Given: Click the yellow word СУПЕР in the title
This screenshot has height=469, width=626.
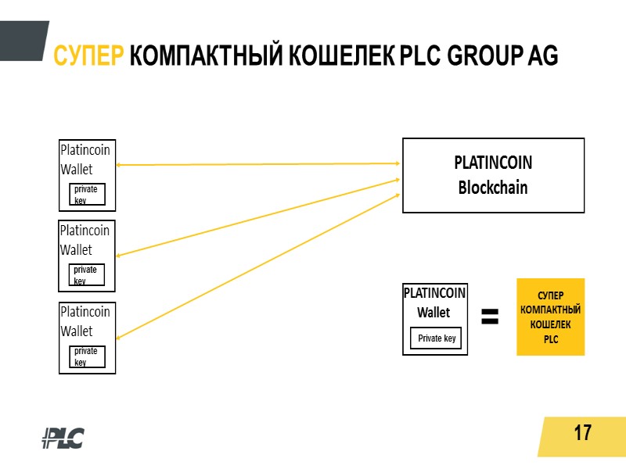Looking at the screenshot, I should click(x=88, y=56).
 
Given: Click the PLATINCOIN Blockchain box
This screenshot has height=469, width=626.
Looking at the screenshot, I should click(x=493, y=175).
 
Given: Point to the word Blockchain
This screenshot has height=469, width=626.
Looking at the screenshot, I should click(x=493, y=188).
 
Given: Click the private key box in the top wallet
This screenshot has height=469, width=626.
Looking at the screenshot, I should click(x=87, y=194).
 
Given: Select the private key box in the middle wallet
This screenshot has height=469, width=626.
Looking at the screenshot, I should click(x=87, y=275).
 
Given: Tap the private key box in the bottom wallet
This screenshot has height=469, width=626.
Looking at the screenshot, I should click(x=87, y=356).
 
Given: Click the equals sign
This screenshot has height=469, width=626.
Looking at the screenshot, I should click(x=490, y=317).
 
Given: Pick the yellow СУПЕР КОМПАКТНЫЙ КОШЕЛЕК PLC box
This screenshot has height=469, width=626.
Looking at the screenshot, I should click(x=550, y=317).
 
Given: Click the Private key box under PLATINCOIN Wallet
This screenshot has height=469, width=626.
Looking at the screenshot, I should click(x=437, y=338).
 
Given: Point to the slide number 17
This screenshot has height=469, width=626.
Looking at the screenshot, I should click(x=582, y=432).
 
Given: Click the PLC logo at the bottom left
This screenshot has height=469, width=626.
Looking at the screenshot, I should click(x=63, y=438).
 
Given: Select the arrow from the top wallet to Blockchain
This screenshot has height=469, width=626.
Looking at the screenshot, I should click(x=258, y=164).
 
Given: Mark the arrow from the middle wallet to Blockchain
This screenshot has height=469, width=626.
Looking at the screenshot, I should click(x=258, y=217).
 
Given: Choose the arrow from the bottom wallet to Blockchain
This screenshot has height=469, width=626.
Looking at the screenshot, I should click(x=258, y=266).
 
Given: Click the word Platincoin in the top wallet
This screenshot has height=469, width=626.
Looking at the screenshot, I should click(x=85, y=150).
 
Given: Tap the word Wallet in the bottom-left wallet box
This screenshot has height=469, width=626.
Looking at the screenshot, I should click(x=77, y=331).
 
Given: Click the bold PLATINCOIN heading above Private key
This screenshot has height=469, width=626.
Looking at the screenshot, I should click(x=435, y=293).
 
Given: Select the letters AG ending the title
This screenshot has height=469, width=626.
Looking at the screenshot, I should click(x=543, y=56).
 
